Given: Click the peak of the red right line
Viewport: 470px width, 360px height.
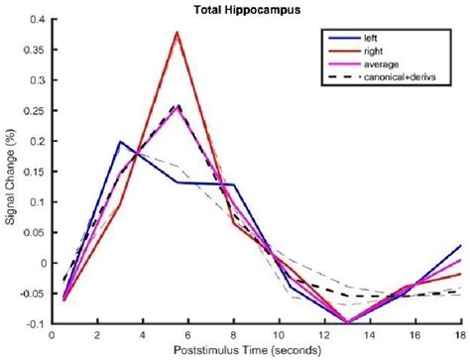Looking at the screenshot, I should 177,32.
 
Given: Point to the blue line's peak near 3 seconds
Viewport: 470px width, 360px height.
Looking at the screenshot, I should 119,142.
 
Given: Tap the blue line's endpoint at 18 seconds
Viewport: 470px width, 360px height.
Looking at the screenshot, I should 461,245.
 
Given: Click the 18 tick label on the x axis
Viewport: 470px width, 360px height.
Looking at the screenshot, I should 460,335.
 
